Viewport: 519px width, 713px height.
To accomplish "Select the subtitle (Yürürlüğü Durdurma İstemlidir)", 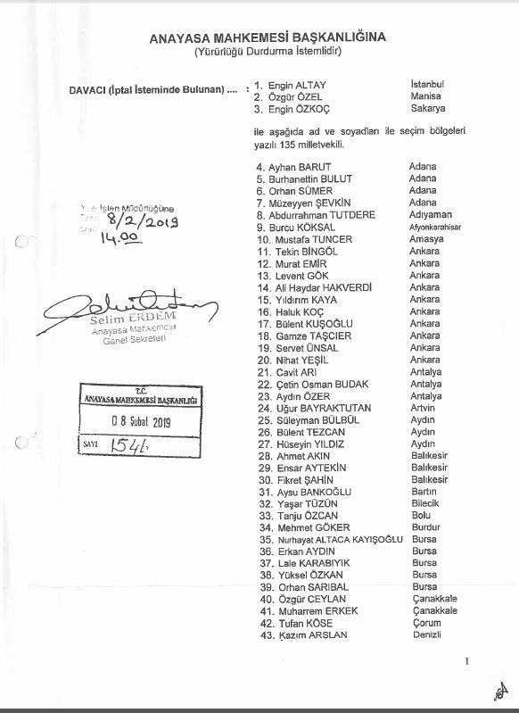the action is click(257, 51).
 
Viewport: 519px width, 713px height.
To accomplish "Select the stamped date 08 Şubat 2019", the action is click(140, 422).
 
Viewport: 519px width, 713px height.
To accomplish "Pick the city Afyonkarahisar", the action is click(436, 228).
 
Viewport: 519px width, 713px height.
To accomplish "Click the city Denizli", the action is click(425, 635).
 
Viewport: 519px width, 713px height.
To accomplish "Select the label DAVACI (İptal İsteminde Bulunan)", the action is click(142, 90).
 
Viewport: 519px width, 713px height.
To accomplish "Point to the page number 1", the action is click(466, 661).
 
